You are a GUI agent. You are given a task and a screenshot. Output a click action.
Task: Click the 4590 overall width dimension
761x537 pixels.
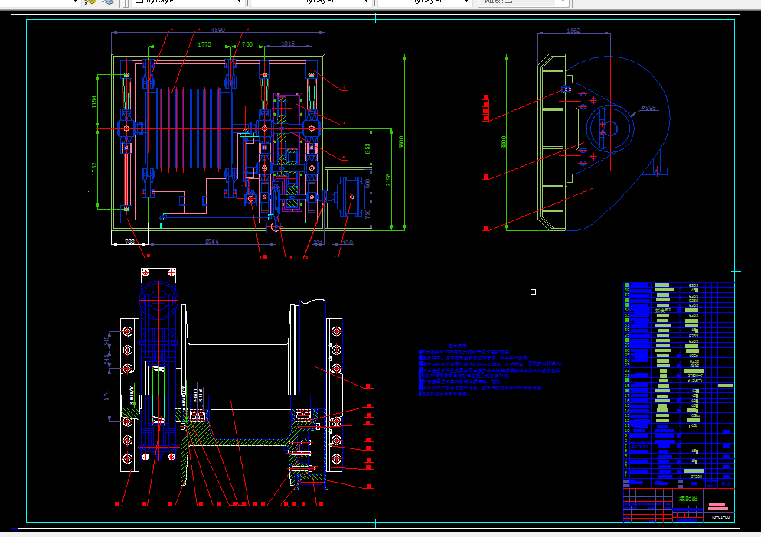pyautogui.click(x=218, y=31)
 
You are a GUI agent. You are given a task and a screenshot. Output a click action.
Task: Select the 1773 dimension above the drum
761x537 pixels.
pyautogui.click(x=204, y=45)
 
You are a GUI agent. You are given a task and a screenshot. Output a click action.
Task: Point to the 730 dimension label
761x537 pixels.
pyautogui.click(x=247, y=45)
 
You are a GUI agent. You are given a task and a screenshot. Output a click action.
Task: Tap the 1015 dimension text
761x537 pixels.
pyautogui.click(x=287, y=44)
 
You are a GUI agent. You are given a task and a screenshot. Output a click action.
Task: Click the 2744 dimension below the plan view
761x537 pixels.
pyautogui.click(x=212, y=242)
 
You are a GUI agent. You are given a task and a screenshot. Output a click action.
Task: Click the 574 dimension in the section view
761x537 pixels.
pyautogui.click(x=106, y=395)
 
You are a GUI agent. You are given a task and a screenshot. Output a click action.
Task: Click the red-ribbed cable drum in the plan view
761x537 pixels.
pyautogui.click(x=188, y=127)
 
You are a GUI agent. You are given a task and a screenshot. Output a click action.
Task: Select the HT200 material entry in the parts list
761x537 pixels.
pyautogui.click(x=696, y=476)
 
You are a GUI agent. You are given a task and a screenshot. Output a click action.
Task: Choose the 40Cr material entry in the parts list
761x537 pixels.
pyautogui.click(x=694, y=356)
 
